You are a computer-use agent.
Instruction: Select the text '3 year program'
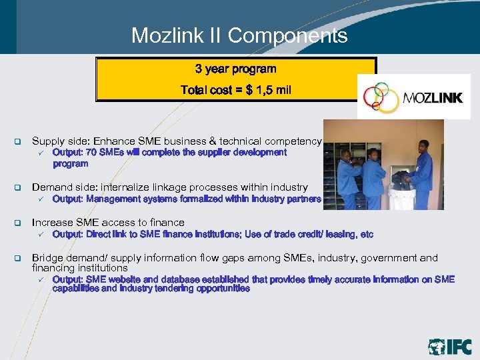236,69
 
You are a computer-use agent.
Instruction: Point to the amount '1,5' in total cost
266,90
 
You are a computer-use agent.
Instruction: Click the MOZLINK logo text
433,99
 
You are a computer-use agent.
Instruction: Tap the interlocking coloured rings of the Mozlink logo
379,98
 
